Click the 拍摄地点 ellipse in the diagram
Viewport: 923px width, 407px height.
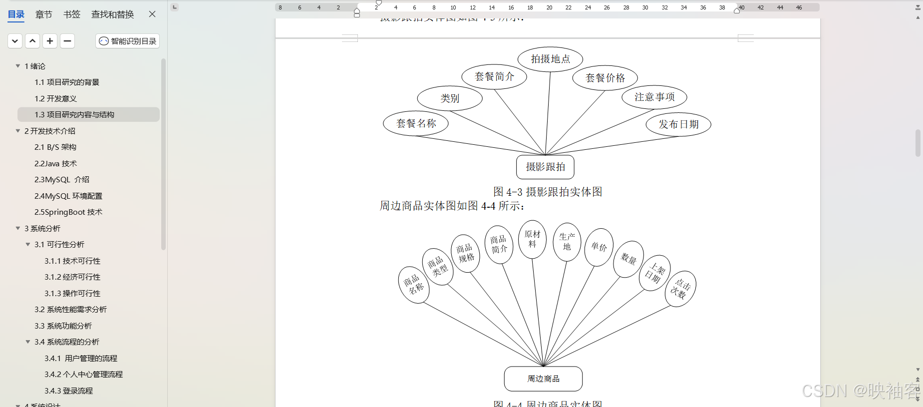550,59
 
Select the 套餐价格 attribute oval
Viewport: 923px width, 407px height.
605,78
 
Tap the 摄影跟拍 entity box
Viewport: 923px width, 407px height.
545,167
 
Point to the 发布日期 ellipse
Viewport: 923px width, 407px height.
678,124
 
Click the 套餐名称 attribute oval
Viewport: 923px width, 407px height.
416,123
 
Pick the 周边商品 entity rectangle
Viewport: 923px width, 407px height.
543,379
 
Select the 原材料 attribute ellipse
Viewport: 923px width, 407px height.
532,239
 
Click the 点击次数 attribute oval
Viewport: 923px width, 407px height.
680,289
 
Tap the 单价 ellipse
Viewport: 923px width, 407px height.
599,247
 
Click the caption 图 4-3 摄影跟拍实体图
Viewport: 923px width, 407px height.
548,192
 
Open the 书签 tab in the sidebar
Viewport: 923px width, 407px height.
72,14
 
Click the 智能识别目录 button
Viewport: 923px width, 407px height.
128,41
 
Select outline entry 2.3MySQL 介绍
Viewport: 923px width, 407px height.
62,180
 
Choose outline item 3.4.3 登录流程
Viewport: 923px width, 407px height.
68,391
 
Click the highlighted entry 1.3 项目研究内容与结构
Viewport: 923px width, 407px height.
74,115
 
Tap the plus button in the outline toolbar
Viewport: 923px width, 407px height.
50,41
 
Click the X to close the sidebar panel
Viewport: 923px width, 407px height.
152,14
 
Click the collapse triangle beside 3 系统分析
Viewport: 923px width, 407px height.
18,228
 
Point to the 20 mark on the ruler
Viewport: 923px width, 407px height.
549,7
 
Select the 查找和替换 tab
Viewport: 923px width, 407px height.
112,14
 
